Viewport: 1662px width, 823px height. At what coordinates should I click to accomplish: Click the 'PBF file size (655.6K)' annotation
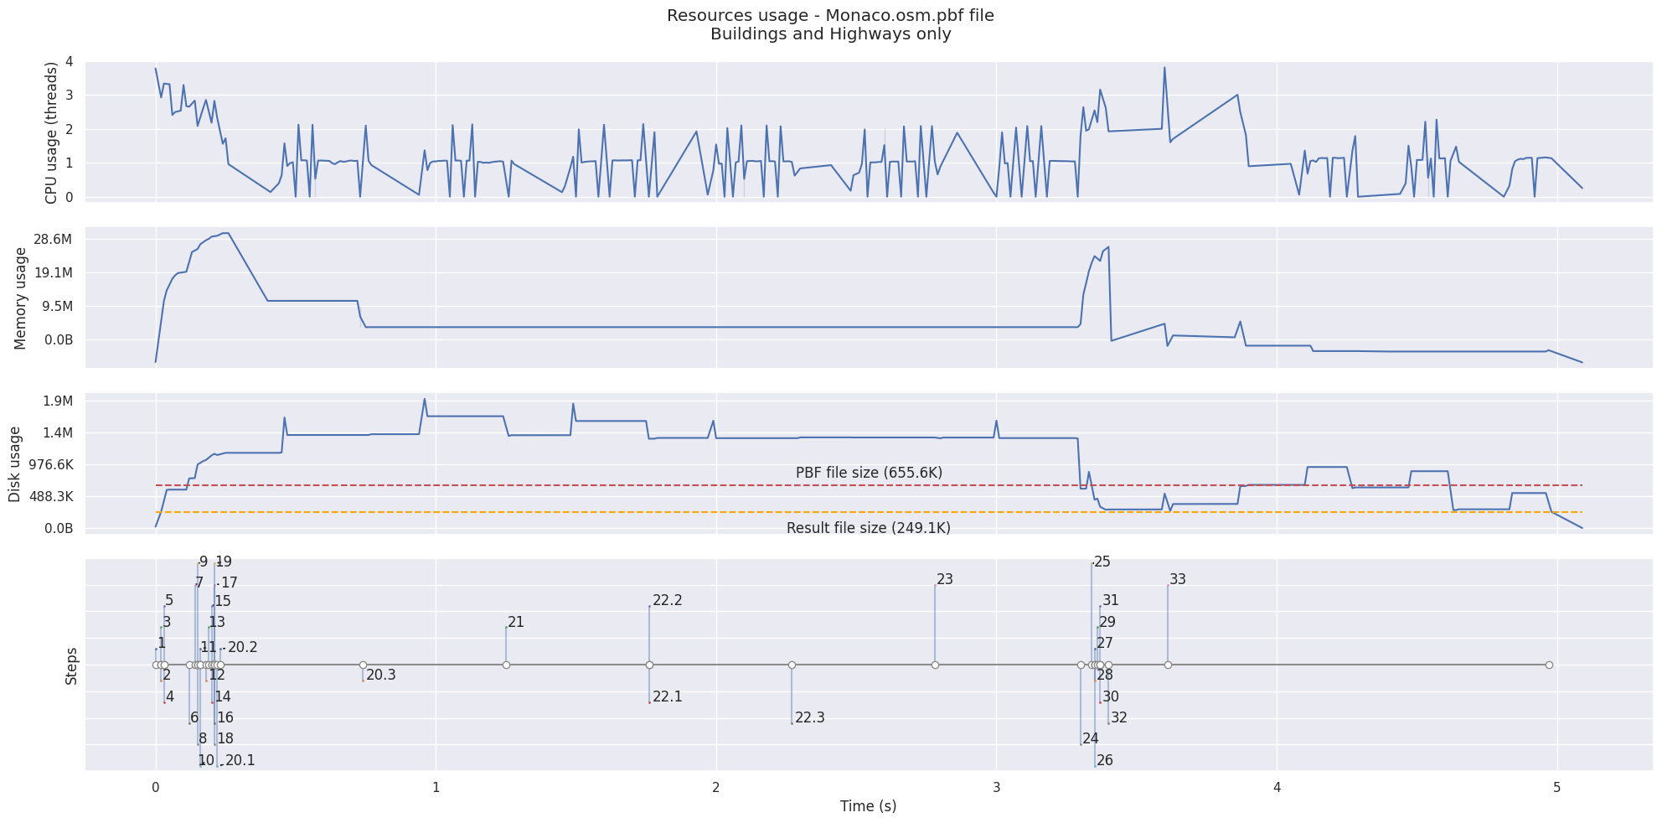pyautogui.click(x=869, y=473)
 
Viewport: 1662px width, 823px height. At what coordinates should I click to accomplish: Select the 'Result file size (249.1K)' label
pyautogui.click(x=868, y=528)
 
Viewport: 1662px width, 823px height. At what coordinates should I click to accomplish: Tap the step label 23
pyautogui.click(x=945, y=579)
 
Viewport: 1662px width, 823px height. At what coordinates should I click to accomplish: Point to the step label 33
pyautogui.click(x=1177, y=579)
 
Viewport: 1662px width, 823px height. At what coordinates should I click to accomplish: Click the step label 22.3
pyautogui.click(x=809, y=717)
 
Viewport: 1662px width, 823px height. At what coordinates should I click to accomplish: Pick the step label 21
pyautogui.click(x=516, y=622)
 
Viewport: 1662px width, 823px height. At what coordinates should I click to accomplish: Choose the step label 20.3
pyautogui.click(x=380, y=675)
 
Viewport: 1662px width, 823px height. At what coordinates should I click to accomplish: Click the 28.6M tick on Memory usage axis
pyautogui.click(x=51, y=240)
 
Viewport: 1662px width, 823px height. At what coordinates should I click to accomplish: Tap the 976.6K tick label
pyautogui.click(x=51, y=464)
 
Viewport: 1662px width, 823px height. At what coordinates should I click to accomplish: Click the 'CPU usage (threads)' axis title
pyautogui.click(x=52, y=132)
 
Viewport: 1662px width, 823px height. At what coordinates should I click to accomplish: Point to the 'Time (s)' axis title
pyautogui.click(x=868, y=806)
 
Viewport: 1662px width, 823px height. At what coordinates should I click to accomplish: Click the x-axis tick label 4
pyautogui.click(x=1277, y=788)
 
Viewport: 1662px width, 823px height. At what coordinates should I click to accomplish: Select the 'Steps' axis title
pyautogui.click(x=72, y=665)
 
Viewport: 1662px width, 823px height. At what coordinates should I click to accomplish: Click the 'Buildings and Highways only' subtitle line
pyautogui.click(x=830, y=34)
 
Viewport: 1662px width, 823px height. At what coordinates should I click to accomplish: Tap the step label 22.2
pyautogui.click(x=667, y=600)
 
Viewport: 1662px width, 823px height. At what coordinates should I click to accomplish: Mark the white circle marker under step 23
pyautogui.click(x=935, y=665)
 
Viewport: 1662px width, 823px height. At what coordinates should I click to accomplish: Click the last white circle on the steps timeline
pyautogui.click(x=1549, y=665)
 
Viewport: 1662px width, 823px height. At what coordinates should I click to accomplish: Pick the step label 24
pyautogui.click(x=1090, y=738)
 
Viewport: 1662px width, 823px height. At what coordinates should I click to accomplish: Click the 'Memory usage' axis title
pyautogui.click(x=21, y=298)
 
